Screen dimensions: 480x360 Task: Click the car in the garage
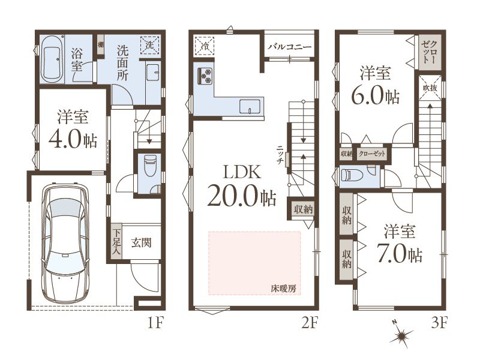66,244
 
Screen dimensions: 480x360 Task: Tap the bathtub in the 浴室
52,59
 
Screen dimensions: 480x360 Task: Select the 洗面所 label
123,64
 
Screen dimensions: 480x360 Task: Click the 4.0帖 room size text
73,140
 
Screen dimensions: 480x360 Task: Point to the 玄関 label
142,243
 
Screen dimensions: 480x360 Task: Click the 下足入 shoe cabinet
116,242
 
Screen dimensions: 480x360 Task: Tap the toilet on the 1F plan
150,166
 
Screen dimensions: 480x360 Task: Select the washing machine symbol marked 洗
150,46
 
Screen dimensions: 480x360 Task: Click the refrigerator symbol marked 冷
204,46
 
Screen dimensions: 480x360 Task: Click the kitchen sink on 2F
250,107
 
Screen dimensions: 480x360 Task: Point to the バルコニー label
290,47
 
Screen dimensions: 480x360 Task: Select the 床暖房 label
283,288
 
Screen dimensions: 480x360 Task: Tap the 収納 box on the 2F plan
303,209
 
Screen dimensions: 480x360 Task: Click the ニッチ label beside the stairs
279,155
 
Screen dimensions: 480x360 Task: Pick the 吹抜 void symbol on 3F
430,88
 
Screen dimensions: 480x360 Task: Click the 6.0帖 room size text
376,96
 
